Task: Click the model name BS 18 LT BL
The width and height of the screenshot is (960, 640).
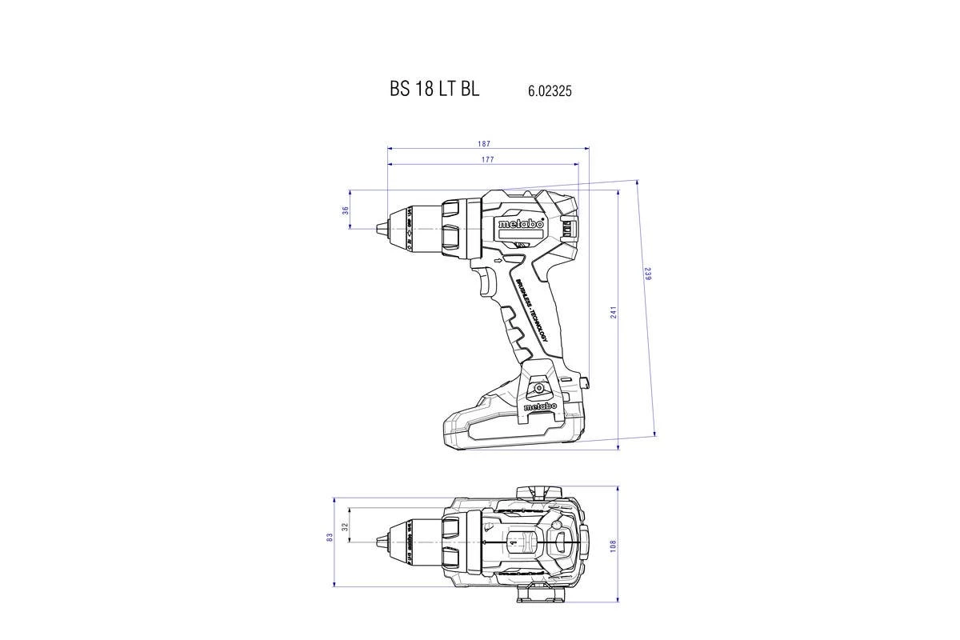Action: coord(434,90)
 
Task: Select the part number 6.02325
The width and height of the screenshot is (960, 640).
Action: coord(550,92)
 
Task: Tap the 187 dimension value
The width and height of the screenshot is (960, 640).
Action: coord(484,144)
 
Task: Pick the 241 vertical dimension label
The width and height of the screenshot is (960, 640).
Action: coord(614,312)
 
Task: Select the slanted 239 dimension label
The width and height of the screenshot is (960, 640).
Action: coord(648,273)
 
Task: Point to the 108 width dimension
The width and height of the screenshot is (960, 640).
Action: coord(614,545)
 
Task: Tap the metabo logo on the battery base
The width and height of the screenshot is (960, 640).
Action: coord(541,407)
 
